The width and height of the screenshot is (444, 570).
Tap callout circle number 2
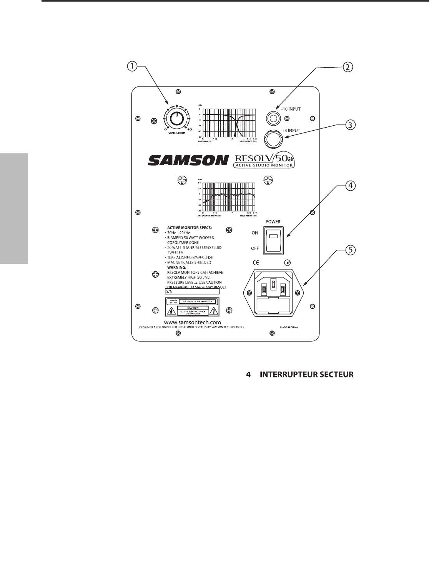click(347, 67)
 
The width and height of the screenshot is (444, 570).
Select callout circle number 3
click(349, 125)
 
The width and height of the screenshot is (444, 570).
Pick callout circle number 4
click(349, 186)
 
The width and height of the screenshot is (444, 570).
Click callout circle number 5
click(349, 250)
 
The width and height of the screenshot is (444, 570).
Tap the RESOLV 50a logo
click(264, 161)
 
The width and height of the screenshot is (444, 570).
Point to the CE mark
click(256, 263)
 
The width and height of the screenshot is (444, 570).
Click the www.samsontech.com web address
click(192, 322)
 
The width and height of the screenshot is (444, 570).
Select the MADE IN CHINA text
click(289, 327)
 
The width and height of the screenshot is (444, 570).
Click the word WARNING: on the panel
click(176, 267)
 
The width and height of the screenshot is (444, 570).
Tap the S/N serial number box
click(192, 291)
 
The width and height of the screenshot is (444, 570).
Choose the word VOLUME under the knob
click(176, 133)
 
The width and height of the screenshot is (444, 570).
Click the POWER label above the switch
click(273, 222)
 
